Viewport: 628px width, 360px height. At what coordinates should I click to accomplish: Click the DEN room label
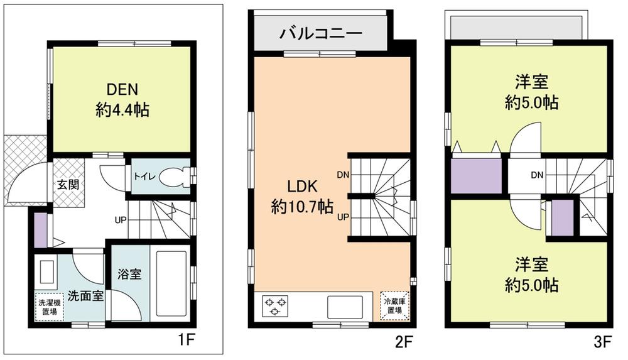pyautogui.click(x=122, y=90)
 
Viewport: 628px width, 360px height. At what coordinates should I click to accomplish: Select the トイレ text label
pyautogui.click(x=142, y=176)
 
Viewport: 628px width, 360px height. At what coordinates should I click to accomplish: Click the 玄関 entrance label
pyautogui.click(x=68, y=185)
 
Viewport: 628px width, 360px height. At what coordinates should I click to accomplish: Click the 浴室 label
pyautogui.click(x=129, y=274)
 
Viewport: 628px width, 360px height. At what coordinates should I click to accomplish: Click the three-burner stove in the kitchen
pyautogui.click(x=274, y=305)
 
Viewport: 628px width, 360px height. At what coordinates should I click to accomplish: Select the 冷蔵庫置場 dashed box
pyautogui.click(x=394, y=305)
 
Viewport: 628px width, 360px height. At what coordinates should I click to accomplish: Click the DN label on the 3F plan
pyautogui.click(x=536, y=174)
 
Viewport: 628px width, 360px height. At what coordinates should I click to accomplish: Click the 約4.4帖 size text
pyautogui.click(x=122, y=111)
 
